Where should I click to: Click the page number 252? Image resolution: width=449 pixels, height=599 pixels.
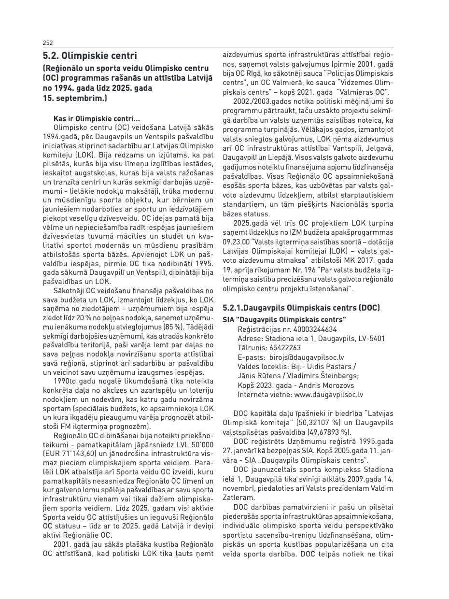[x=48, y=43]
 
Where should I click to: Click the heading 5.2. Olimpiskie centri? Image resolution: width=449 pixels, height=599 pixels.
[x=90, y=56]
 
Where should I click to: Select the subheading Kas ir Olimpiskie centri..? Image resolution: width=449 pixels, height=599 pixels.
[x=97, y=118]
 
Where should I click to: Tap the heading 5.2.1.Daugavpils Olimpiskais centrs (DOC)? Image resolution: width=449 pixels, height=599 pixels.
[x=301, y=308]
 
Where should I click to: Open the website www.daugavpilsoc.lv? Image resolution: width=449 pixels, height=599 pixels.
[x=328, y=394]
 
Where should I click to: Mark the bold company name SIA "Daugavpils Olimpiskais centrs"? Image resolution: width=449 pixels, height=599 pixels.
[x=284, y=320]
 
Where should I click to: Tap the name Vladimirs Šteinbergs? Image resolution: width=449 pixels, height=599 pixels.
[x=327, y=376]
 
